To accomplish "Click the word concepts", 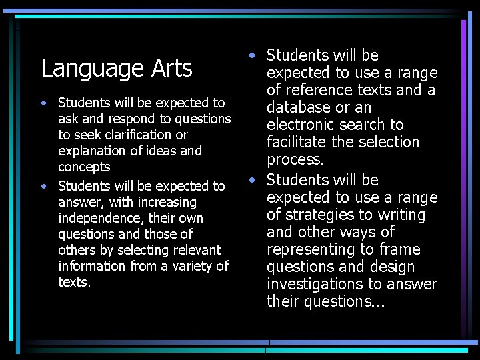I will click(84, 167).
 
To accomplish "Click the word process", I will click(294, 160).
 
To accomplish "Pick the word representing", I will click(306, 249).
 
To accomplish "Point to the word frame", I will click(398, 249).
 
